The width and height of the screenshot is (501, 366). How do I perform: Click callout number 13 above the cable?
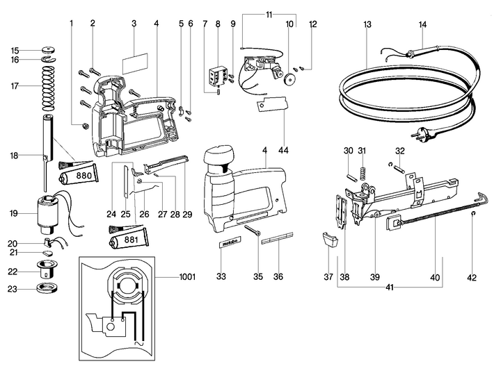tap(367, 24)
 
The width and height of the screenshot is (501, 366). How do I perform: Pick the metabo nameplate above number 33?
tap(230, 244)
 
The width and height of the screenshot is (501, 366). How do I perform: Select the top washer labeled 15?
tap(48, 50)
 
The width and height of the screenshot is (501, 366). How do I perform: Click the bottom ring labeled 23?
tap(48, 290)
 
